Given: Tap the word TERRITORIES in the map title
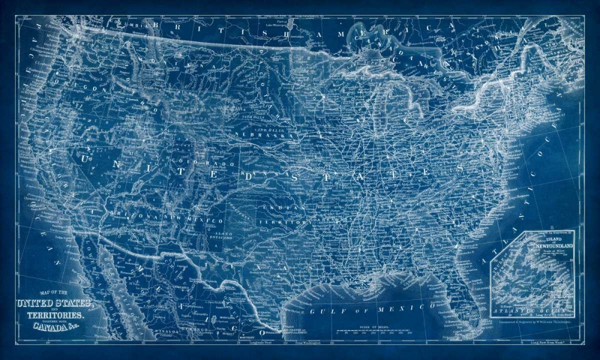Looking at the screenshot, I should click(x=54, y=314).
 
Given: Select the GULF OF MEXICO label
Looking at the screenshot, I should click(x=372, y=310).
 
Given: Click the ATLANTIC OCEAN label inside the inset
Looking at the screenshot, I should click(x=531, y=311).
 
